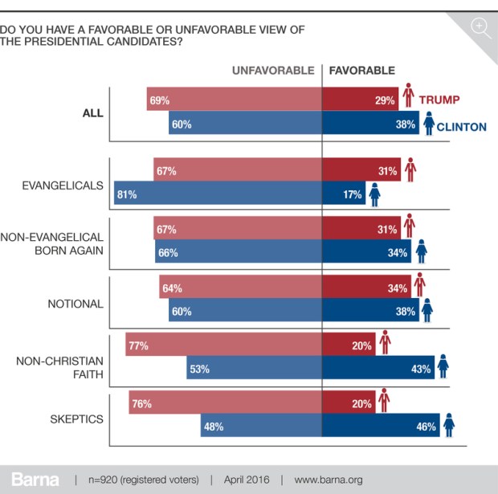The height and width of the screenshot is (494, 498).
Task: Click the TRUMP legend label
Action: click(x=440, y=100)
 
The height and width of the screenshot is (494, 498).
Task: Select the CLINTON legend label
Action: click(x=461, y=127)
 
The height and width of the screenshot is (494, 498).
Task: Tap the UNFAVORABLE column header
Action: click(x=273, y=71)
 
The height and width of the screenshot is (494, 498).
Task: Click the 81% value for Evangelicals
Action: click(x=126, y=194)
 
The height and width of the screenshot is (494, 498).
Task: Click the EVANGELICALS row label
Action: click(x=63, y=185)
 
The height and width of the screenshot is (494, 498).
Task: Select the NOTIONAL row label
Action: click(x=75, y=304)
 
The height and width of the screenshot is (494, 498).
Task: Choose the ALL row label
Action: click(x=92, y=112)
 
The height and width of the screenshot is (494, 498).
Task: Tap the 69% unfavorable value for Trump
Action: click(x=158, y=100)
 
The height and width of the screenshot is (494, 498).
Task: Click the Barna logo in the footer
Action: click(x=34, y=480)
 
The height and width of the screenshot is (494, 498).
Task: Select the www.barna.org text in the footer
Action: click(x=329, y=480)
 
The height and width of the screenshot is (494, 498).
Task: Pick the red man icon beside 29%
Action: click(x=409, y=96)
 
